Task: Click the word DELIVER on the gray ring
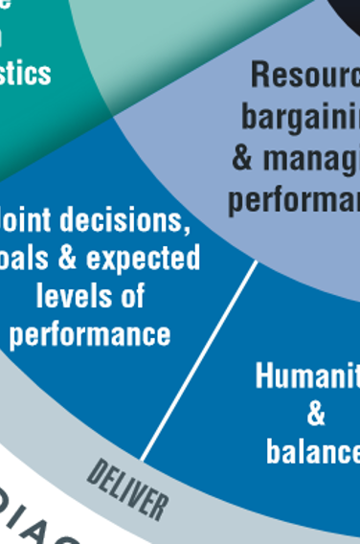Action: click(x=127, y=488)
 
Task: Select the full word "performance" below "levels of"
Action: click(x=90, y=333)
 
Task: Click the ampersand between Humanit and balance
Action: click(x=316, y=414)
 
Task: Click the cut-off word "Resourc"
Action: click(x=305, y=74)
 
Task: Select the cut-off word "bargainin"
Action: click(x=301, y=116)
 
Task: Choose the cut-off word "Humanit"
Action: click(x=306, y=375)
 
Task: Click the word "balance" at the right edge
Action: click(x=312, y=451)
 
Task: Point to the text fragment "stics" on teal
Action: click(x=23, y=72)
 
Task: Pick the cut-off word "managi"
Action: click(x=311, y=157)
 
